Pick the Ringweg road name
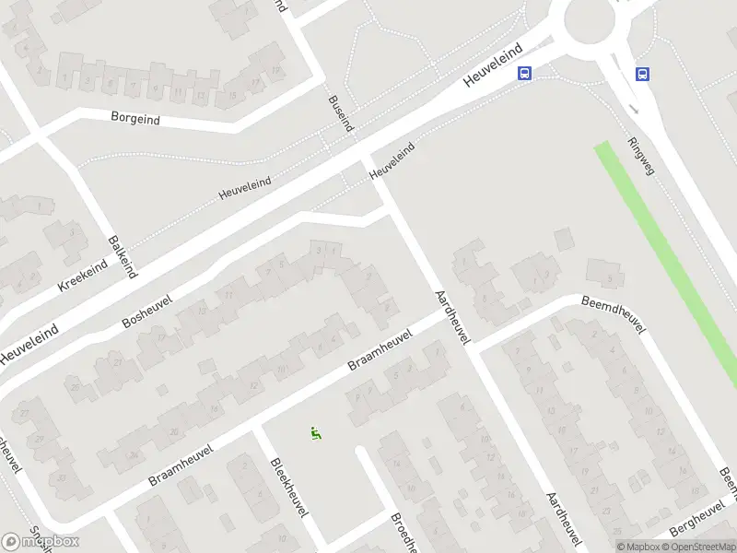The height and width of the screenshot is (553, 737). point(640,157)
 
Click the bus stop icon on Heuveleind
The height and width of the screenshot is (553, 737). point(524,74)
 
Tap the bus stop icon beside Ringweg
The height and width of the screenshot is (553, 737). point(642,75)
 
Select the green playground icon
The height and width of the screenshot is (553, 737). point(315,432)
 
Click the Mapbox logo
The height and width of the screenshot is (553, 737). point(41,542)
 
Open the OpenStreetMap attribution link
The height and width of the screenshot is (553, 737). point(699,547)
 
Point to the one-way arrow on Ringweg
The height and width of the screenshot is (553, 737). point(633,109)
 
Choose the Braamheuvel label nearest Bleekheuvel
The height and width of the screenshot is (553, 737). point(181,467)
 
